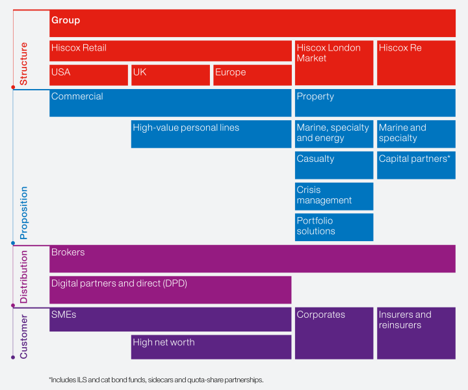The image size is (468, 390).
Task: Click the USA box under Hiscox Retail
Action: [x=88, y=75]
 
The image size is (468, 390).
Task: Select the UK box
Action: [x=170, y=75]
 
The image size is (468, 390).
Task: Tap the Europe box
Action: [x=252, y=75]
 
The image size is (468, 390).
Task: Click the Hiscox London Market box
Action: [x=334, y=62]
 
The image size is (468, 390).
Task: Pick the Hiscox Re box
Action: [x=416, y=62]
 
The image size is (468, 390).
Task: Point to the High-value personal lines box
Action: [x=211, y=133]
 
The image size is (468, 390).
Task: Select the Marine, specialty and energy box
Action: [x=334, y=133]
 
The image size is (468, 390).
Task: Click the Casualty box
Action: [x=334, y=164]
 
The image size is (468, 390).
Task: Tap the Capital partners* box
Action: [x=416, y=164]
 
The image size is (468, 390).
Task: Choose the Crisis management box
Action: [x=334, y=196]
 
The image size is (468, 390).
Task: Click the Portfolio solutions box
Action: [x=334, y=227]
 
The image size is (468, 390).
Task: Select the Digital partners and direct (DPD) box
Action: [x=170, y=289]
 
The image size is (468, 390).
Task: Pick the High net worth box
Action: [x=211, y=346]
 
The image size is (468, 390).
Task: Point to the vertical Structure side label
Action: [x=24, y=64]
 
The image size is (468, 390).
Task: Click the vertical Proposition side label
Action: [x=24, y=213]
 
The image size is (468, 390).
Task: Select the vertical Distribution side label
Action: [x=24, y=276]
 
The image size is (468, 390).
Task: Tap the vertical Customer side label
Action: [x=24, y=336]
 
